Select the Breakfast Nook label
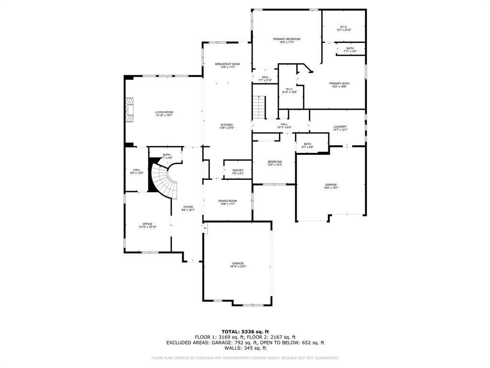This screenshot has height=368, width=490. tap(227, 66)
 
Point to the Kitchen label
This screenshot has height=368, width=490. tap(227, 126)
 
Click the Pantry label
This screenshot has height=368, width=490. tap(238, 172)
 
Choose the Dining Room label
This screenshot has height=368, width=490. tap(227, 202)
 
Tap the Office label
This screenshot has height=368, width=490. tap(147, 225)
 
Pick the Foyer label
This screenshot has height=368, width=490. tap(188, 208)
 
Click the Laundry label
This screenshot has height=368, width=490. tap(340, 128)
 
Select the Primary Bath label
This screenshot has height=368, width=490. tap(339, 85)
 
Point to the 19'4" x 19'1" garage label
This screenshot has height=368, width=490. tap(331, 186)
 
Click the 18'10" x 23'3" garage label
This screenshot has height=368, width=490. tap(238, 264)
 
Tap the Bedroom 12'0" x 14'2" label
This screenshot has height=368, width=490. tap(275, 163)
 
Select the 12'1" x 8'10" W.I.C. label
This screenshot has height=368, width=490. tap(344, 28)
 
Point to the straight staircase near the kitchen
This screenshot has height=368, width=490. tap(259, 107)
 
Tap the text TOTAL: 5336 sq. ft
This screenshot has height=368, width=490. tap(245, 332)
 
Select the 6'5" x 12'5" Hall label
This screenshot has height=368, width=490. tap(137, 171)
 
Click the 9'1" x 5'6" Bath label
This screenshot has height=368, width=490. tap(307, 145)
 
